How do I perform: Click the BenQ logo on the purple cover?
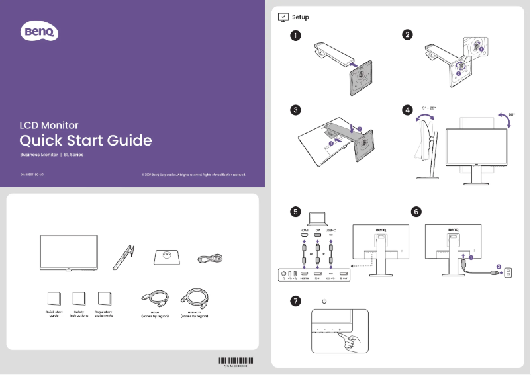click(x=41, y=31)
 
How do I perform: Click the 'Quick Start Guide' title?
click(x=85, y=140)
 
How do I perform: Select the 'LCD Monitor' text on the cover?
click(x=49, y=125)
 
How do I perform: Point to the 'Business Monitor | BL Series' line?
click(x=52, y=155)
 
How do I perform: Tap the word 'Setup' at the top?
click(x=300, y=17)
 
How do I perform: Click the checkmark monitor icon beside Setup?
click(x=283, y=17)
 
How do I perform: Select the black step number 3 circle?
click(x=295, y=110)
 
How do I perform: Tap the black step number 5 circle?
click(x=295, y=212)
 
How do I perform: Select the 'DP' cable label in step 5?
click(x=318, y=230)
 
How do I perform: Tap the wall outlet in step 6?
click(x=508, y=271)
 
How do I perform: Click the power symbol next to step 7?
click(x=324, y=302)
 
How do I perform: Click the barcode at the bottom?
click(x=236, y=360)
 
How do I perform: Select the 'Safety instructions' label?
click(x=79, y=313)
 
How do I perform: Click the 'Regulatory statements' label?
click(x=103, y=313)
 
